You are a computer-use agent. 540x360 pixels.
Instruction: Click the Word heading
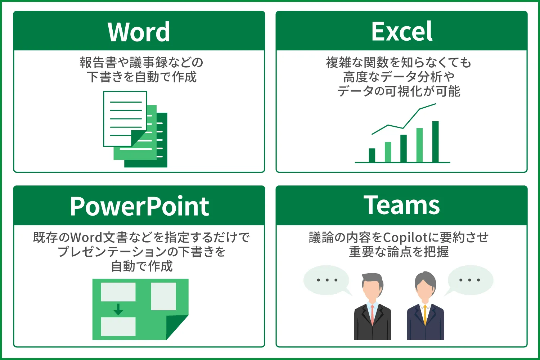pos(139,32)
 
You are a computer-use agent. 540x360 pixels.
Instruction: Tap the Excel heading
pos(402,31)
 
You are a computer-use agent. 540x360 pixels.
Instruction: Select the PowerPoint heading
pos(139,206)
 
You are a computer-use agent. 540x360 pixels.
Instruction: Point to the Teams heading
pos(402,206)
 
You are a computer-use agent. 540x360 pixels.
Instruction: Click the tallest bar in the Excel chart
pos(435,142)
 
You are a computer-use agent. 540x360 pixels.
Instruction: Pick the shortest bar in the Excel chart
pos(372,155)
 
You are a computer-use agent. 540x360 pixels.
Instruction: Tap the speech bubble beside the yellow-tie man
pos(470,280)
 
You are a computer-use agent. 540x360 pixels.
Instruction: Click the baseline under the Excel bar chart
pos(402,162)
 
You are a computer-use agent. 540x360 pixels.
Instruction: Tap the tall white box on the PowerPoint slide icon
pos(163,296)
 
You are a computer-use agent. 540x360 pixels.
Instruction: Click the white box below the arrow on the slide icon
pos(118,326)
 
